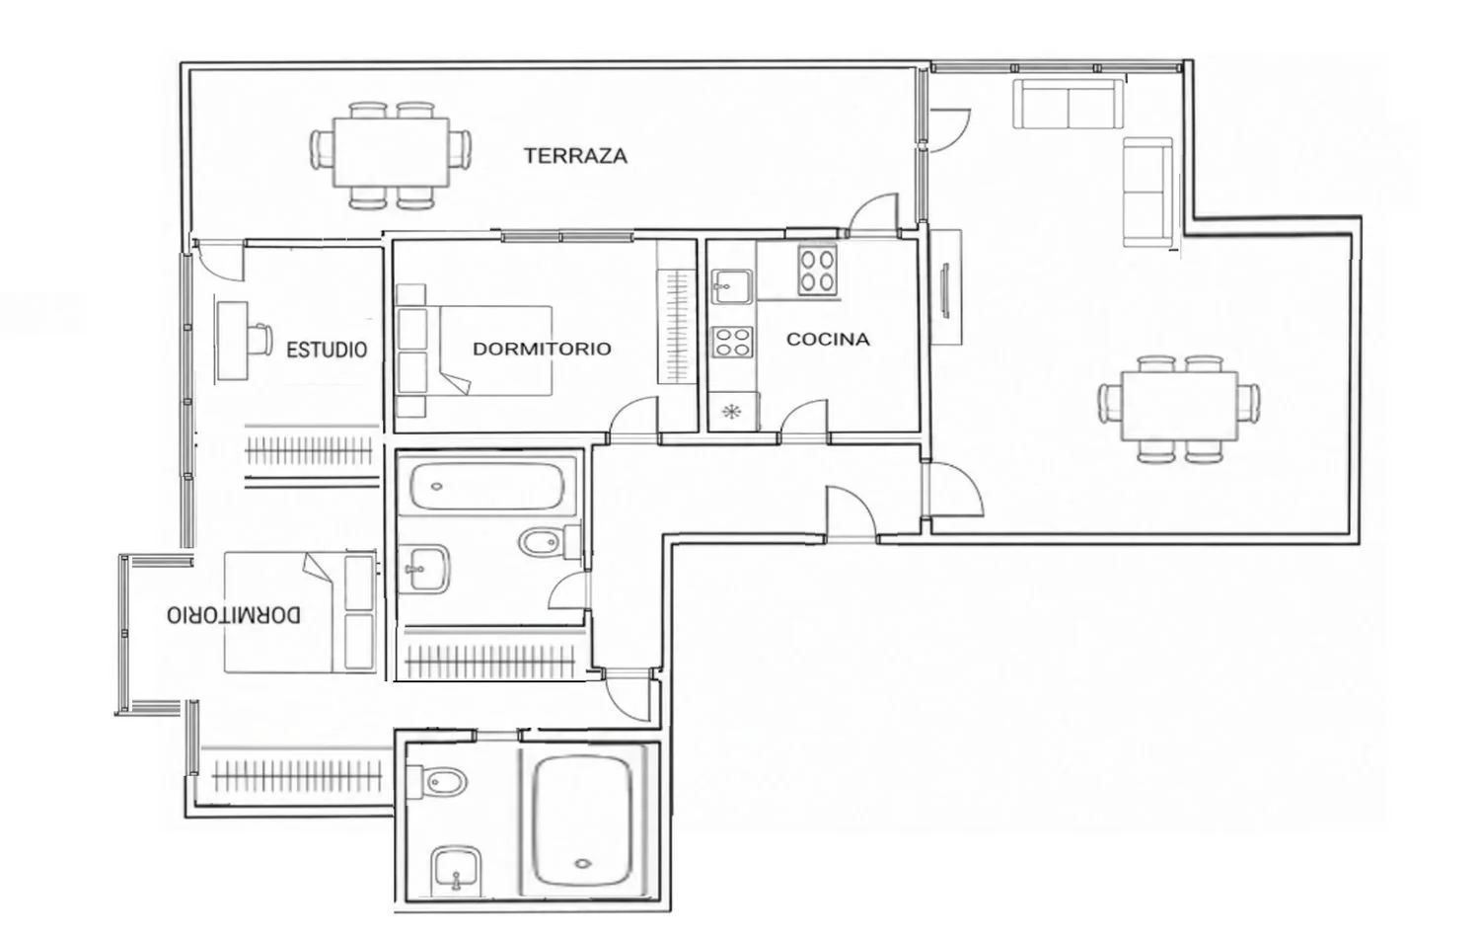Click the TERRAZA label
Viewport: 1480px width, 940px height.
coord(575,156)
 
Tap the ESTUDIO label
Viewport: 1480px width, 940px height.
coord(327,350)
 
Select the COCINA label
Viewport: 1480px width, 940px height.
coord(828,339)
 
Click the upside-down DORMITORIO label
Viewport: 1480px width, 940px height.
coord(233,615)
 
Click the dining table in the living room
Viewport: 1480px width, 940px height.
coord(1179,406)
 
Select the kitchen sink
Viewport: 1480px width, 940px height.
coord(731,286)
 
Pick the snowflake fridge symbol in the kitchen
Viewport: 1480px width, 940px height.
coord(731,413)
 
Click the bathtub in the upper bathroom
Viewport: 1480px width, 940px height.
coord(487,487)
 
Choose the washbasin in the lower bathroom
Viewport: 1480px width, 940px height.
coord(457,869)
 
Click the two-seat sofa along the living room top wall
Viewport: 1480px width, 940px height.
coord(1068,103)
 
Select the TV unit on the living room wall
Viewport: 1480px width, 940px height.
coord(946,287)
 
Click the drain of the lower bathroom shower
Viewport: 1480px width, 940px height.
coord(582,863)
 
